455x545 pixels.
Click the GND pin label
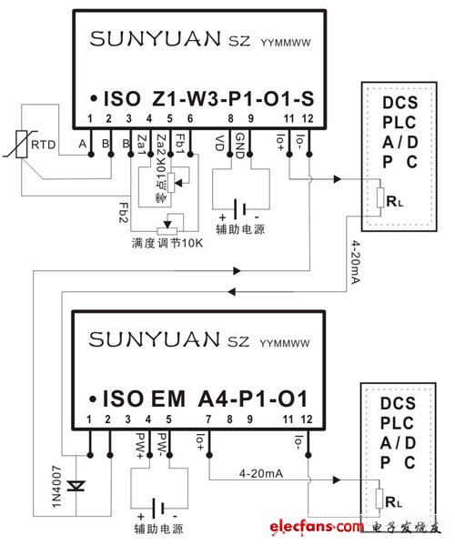click(x=239, y=143)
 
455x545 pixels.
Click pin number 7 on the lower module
click(x=210, y=419)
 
